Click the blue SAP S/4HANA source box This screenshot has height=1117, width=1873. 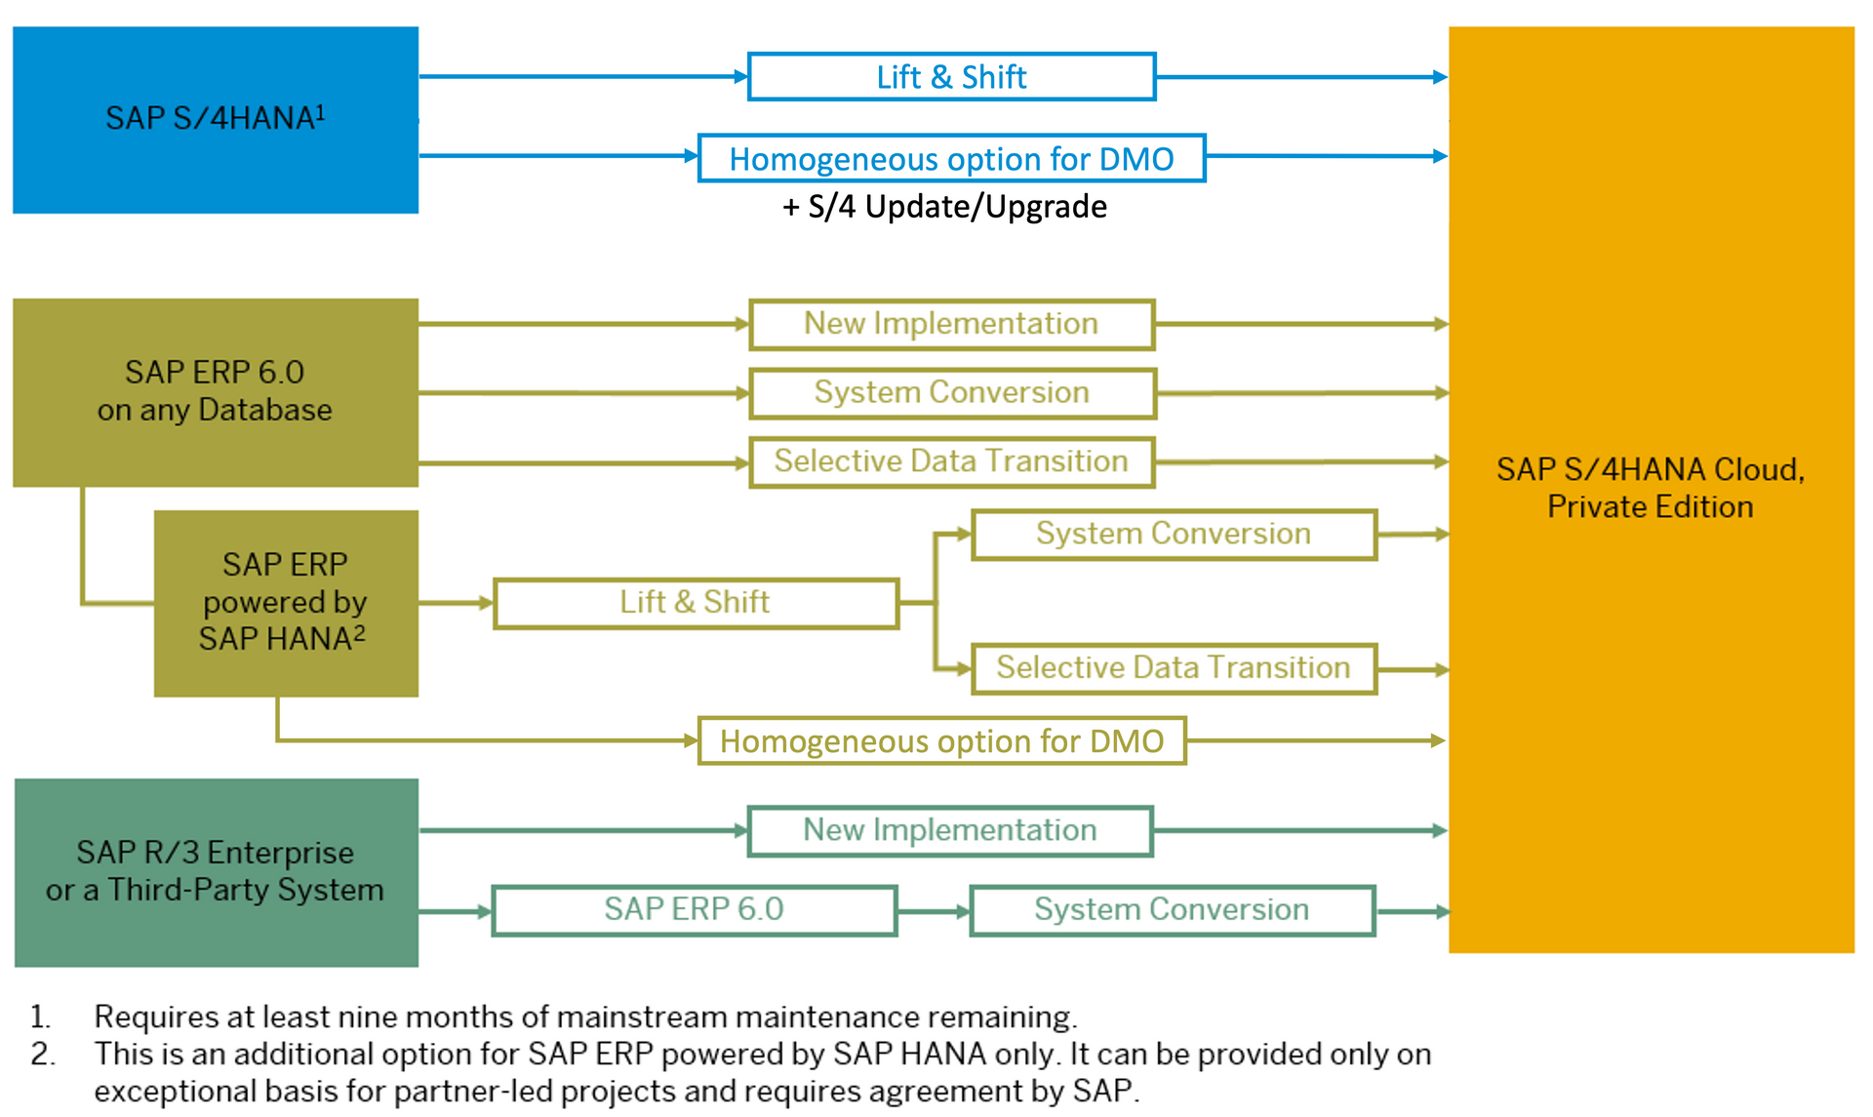tap(216, 119)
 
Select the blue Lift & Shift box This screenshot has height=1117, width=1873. tap(951, 77)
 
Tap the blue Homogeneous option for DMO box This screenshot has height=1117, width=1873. tap(951, 158)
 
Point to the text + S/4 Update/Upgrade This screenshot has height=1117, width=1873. tap(944, 207)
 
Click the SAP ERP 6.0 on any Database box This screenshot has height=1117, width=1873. tap(216, 391)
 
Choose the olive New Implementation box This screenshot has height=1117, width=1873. tap(951, 324)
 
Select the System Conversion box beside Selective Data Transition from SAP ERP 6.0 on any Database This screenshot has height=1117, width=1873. tap(951, 393)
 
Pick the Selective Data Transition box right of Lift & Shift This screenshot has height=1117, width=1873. tap(1174, 668)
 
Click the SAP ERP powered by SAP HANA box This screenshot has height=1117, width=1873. tap(285, 602)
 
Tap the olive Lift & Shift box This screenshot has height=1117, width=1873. tap(696, 603)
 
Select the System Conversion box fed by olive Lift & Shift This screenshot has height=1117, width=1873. tap(1174, 535)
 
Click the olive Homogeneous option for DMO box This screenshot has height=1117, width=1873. tap(941, 741)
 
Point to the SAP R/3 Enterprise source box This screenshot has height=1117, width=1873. tap(216, 872)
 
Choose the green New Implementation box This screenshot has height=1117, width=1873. tap(949, 831)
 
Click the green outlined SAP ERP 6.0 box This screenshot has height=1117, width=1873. tap(694, 910)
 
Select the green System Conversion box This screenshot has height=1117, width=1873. tap(1172, 910)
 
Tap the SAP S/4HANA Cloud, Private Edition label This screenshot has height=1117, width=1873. tap(1651, 488)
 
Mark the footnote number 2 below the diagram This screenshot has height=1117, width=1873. tap(42, 1055)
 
